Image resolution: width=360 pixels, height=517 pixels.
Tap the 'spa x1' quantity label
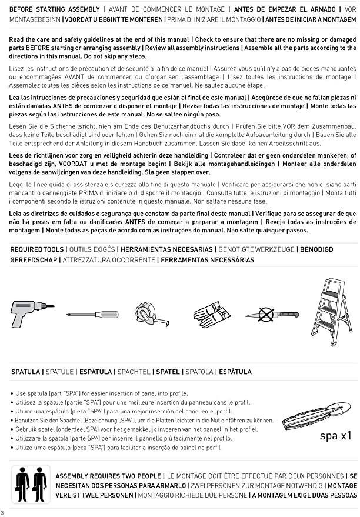tap(335, 436)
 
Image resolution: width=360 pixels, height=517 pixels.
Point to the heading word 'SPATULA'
tap(26, 372)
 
